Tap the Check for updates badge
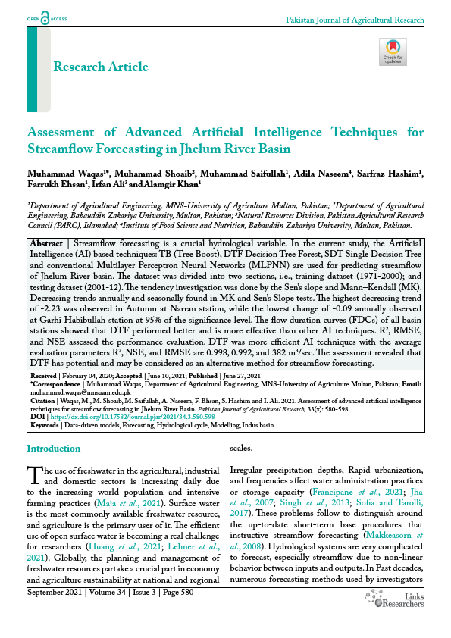point(392,52)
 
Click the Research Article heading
point(101,67)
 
